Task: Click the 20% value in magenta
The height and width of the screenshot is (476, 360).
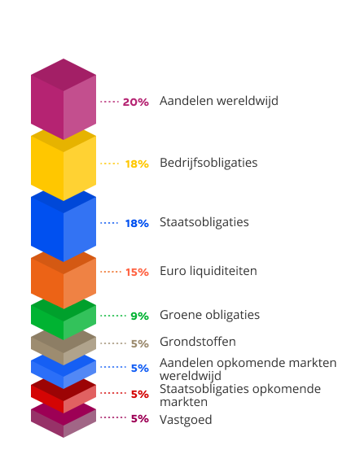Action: point(135,102)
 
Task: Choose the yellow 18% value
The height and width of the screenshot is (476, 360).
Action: point(136,164)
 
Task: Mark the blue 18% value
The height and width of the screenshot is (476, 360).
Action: point(136,223)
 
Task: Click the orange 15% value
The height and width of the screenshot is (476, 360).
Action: point(137,272)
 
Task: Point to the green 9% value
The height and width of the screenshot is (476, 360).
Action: point(139,316)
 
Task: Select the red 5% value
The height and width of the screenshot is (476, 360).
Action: point(139,394)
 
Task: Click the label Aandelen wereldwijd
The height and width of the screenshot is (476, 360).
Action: point(219,101)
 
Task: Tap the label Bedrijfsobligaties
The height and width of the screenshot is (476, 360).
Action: point(209,163)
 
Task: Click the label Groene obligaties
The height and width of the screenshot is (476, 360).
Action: point(209,315)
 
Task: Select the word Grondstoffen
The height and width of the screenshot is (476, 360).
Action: point(198,342)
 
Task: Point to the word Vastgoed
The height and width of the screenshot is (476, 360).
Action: point(186,420)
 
